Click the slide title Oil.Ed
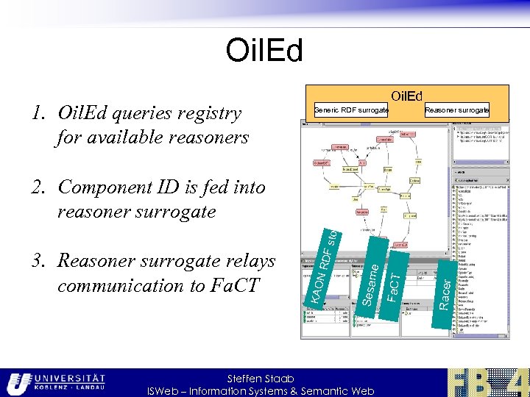(264, 51)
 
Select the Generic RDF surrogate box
(351, 110)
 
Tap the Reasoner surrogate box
(457, 110)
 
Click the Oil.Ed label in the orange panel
(406, 96)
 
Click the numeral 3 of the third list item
(35, 262)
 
